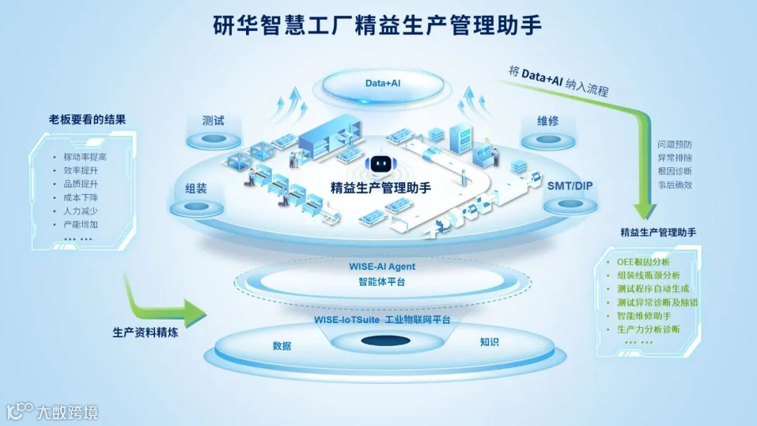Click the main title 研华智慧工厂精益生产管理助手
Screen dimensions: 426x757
[378, 26]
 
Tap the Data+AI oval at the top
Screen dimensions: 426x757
[383, 83]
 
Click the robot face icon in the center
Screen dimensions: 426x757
[380, 164]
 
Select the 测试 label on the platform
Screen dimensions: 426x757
[213, 121]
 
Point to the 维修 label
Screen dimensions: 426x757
[547, 121]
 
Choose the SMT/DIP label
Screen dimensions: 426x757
[569, 187]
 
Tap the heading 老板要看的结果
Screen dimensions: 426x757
[83, 119]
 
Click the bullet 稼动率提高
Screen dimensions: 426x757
[85, 157]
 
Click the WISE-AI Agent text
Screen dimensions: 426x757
[382, 267]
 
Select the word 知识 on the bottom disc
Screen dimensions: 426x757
[489, 343]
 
